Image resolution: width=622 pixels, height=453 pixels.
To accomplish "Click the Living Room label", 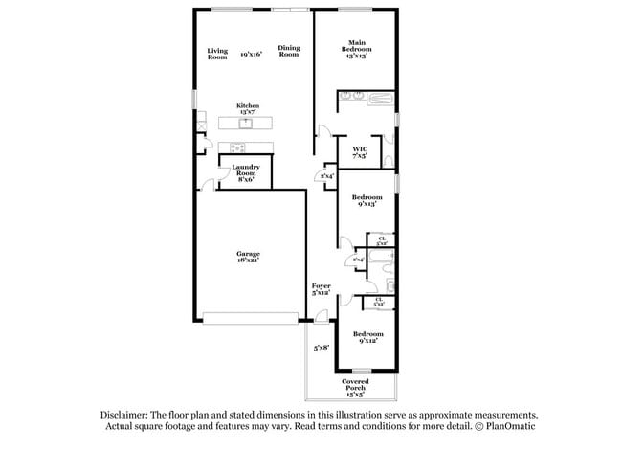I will [217, 54].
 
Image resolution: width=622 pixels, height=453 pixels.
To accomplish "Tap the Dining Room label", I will [288, 51].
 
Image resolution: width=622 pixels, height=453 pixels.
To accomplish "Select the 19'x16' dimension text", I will [252, 54].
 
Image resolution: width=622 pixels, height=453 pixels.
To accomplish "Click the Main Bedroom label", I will [357, 47].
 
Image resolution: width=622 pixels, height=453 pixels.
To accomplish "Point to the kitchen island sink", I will [245, 123].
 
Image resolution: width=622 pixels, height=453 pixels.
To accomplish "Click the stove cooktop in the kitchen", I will [236, 147].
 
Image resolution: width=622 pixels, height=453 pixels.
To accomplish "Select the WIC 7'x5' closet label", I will [360, 152].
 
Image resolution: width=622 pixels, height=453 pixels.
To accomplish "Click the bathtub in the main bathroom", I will [378, 97].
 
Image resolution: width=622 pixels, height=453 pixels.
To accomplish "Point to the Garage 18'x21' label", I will [248, 257].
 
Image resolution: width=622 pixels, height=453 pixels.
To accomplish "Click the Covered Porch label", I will [355, 388].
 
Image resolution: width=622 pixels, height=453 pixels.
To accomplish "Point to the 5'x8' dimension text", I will [321, 348].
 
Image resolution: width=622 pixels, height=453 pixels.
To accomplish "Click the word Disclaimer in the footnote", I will [126, 416].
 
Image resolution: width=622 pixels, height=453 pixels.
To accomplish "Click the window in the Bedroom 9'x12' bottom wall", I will [361, 371].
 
